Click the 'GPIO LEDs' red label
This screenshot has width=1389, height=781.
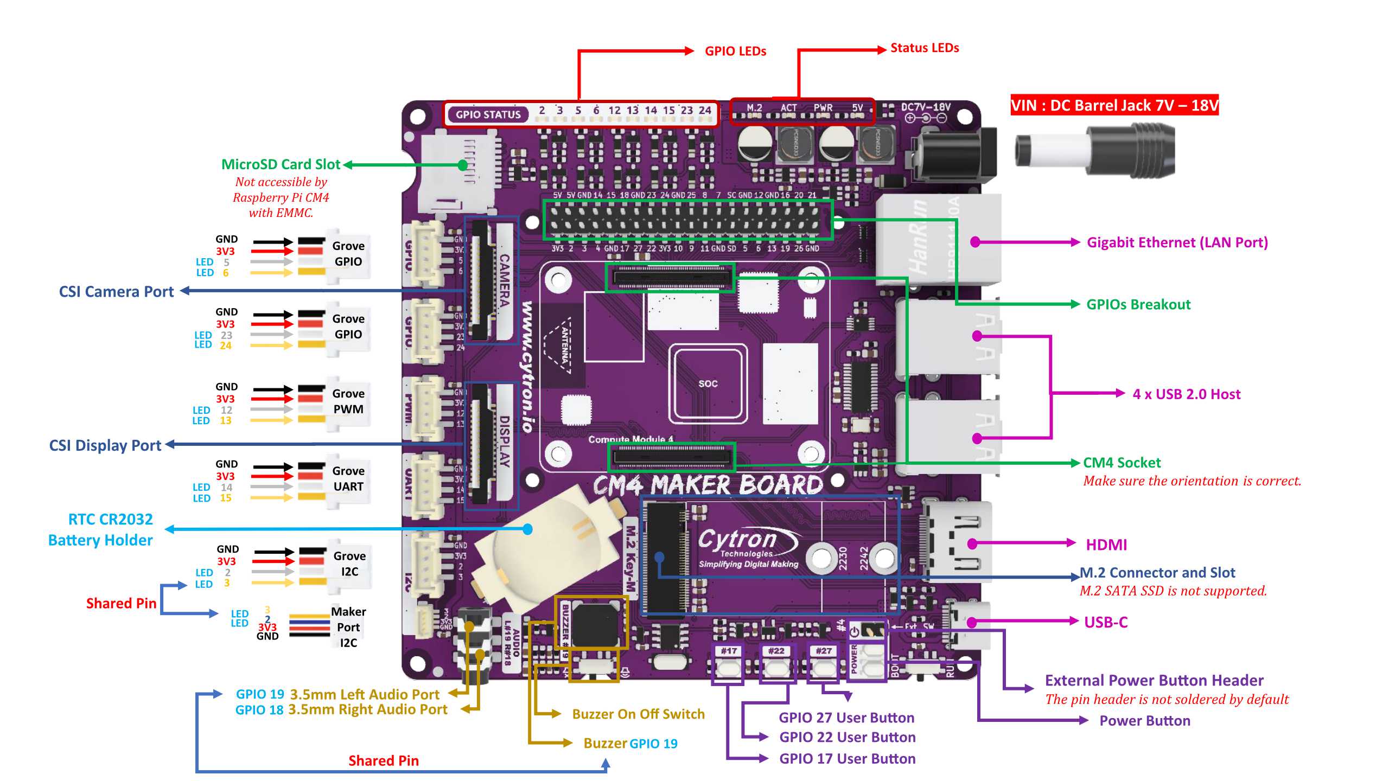[735, 51]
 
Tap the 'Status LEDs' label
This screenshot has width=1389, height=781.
[925, 48]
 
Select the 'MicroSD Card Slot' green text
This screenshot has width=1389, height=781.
[281, 164]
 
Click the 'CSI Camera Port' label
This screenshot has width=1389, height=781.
[116, 292]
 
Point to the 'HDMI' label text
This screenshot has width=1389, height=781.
[1106, 545]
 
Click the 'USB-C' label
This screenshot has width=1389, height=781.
[1106, 622]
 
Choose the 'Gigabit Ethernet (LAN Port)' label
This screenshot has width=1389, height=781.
[1177, 242]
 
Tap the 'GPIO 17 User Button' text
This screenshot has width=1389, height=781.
[847, 759]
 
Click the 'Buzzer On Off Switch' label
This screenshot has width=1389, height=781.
[638, 714]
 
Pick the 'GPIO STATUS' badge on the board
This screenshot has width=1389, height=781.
[488, 114]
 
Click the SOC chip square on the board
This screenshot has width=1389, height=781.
[708, 383]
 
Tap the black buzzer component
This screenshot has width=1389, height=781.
[595, 624]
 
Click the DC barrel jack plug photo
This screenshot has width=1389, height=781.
[1096, 150]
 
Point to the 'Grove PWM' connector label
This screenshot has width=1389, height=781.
[348, 401]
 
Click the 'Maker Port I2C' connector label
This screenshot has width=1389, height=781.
[348, 627]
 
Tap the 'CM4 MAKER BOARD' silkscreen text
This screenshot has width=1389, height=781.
[708, 485]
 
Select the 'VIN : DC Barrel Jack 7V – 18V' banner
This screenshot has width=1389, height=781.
[1114, 105]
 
